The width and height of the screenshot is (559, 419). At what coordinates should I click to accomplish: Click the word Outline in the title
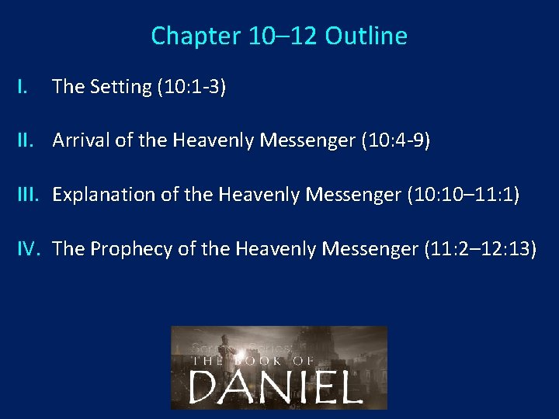(366, 36)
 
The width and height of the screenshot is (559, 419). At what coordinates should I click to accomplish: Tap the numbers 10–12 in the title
(276, 36)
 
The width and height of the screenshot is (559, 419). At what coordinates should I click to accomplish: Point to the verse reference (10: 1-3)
(191, 87)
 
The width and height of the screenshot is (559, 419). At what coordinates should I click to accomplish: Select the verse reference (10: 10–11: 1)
(463, 195)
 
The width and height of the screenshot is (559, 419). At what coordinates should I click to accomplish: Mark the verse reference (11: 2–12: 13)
(480, 249)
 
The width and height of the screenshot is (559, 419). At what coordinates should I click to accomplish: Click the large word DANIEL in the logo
(276, 386)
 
